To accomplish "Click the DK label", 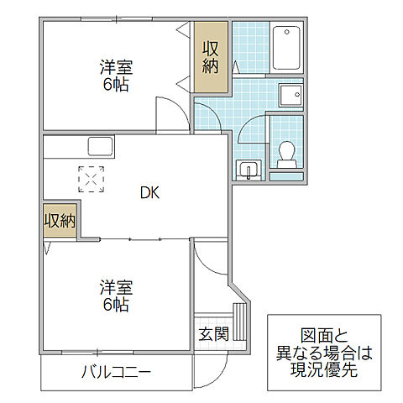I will [x=149, y=192].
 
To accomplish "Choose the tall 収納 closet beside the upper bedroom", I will [x=211, y=57].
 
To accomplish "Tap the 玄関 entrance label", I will [x=213, y=333].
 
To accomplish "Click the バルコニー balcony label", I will [x=116, y=372].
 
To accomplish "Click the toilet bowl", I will [x=286, y=154].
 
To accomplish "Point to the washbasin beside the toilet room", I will [x=249, y=170].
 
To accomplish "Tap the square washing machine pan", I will [x=290, y=97].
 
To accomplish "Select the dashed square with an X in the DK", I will [x=92, y=179].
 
